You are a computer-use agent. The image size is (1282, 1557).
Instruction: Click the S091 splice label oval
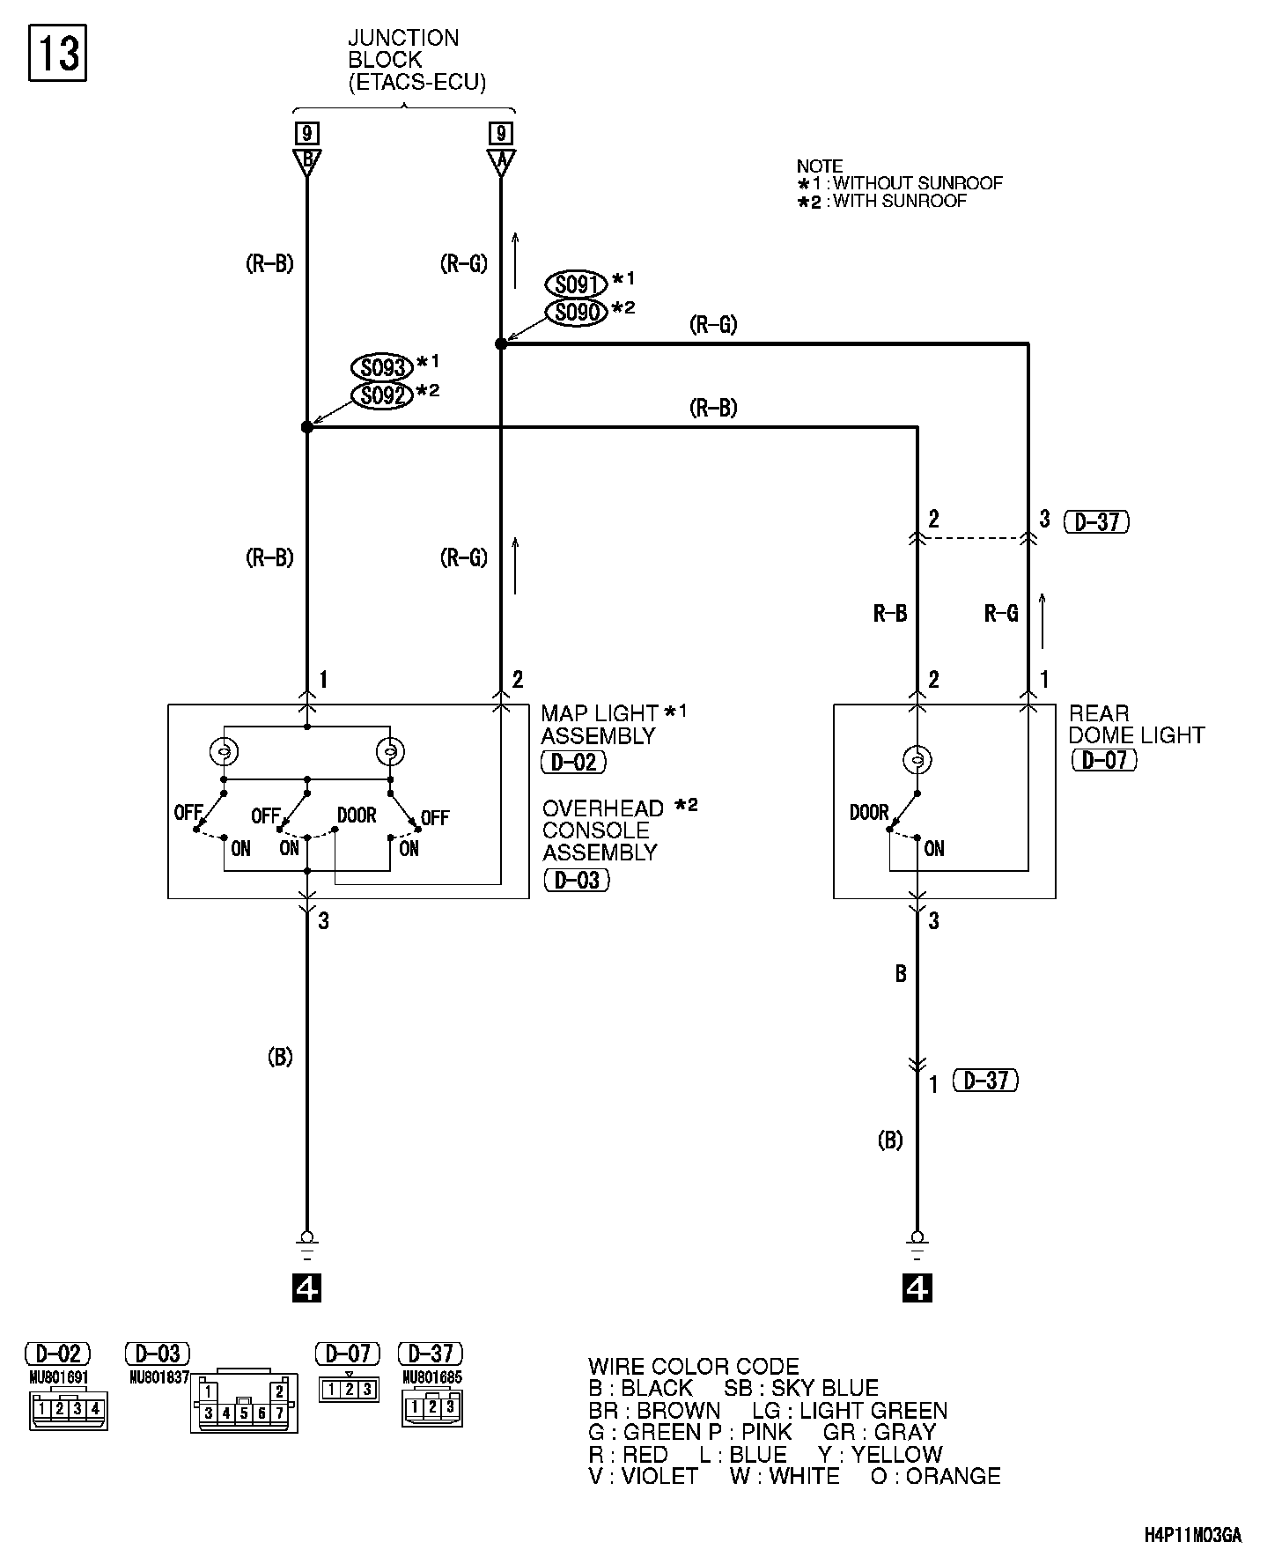(577, 284)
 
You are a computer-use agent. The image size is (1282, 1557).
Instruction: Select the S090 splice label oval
(577, 312)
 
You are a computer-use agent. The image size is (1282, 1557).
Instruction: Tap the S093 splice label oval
(381, 367)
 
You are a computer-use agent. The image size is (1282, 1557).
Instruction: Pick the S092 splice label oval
(381, 395)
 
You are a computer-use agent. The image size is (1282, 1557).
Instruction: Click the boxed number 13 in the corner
(58, 54)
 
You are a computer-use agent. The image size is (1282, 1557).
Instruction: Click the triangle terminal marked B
(307, 161)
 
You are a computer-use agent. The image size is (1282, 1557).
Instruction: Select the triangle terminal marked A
(500, 161)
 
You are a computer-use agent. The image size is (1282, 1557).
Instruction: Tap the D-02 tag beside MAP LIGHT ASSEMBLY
(573, 762)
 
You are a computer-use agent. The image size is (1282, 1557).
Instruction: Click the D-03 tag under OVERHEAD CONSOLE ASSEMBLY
(577, 879)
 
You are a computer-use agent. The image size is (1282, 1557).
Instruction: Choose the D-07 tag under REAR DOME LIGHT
(1104, 759)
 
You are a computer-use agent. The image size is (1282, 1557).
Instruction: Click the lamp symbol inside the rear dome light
(917, 758)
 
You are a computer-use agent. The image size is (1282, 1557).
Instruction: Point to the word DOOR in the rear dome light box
(869, 812)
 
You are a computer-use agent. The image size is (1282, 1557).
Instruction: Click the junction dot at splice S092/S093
(307, 427)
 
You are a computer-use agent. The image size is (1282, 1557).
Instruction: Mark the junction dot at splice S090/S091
(501, 343)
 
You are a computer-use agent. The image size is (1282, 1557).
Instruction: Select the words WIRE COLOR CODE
(694, 1367)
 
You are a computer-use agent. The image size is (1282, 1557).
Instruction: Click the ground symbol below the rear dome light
(917, 1243)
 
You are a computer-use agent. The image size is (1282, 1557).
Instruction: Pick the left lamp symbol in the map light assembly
(224, 751)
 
